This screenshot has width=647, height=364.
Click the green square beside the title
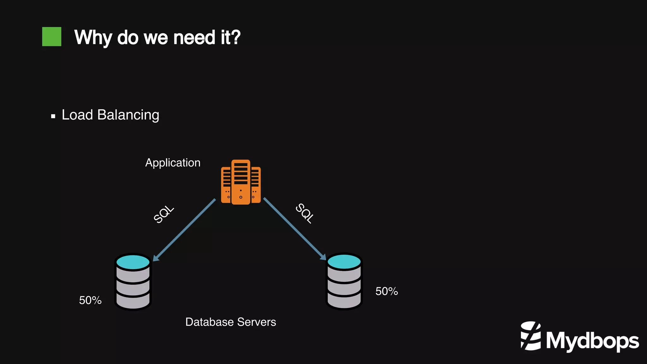coord(51,37)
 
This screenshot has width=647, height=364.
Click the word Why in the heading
coord(93,38)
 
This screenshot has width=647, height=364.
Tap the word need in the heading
coord(194,37)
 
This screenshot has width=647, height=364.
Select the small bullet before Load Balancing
coord(53,116)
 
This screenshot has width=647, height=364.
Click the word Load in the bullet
coord(77,115)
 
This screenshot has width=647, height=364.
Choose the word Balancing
coord(128,115)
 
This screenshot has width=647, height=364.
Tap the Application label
coord(172,163)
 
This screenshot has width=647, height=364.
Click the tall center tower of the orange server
coord(241,182)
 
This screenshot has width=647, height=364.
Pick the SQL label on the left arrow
coord(164,214)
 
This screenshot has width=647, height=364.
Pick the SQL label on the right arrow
coord(305,213)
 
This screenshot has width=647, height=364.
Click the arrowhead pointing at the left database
coord(156,258)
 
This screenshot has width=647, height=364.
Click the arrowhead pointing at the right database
coord(323,257)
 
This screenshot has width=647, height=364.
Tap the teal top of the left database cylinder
coord(133,262)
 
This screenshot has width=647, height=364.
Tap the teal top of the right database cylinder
coord(344,262)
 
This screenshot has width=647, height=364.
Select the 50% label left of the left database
coord(90,300)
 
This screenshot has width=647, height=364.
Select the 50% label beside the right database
coord(386,291)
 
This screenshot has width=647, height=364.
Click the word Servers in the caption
coord(257,322)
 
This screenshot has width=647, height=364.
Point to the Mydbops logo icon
coord(531,336)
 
